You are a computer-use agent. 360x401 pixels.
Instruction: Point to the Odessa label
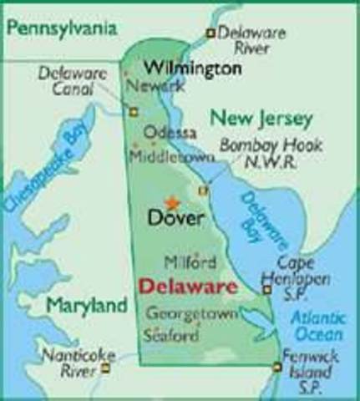[x=170, y=133]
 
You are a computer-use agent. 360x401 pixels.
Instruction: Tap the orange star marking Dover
[x=172, y=202]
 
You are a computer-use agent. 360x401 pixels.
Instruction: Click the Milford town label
[x=185, y=262]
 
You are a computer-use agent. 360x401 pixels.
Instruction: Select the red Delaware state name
[x=187, y=287]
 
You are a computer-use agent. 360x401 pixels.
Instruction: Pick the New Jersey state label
[x=261, y=118]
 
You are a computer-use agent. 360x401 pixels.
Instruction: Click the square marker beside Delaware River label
[x=210, y=33]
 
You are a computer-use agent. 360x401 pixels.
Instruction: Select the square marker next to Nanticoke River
[x=106, y=366]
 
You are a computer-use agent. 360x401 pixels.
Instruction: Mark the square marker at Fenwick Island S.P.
[x=276, y=366]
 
